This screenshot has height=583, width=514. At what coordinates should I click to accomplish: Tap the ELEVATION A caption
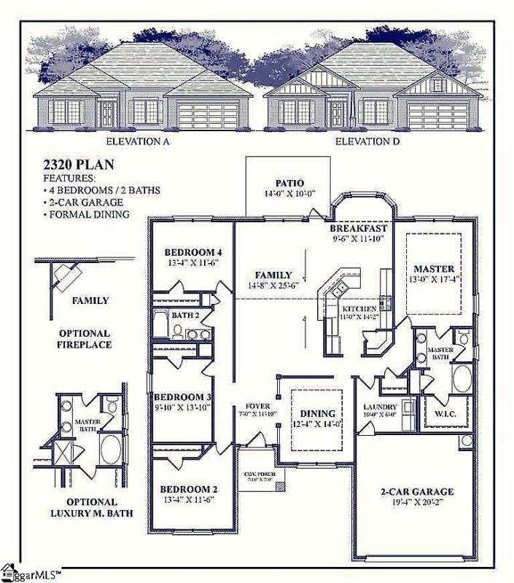[x=138, y=141]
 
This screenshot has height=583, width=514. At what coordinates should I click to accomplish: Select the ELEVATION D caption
[x=367, y=141]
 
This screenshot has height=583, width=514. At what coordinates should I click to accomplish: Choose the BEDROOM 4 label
[x=192, y=252]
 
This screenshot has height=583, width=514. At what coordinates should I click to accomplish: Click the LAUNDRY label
[x=380, y=407]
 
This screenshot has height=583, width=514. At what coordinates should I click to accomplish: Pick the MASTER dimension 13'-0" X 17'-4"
[x=434, y=279]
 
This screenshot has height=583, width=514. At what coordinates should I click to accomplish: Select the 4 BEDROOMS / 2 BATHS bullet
[x=103, y=189]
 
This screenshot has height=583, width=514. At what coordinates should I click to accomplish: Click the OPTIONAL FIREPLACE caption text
[x=85, y=338]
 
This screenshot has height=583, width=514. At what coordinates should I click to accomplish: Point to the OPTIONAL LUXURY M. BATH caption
[x=91, y=507]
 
